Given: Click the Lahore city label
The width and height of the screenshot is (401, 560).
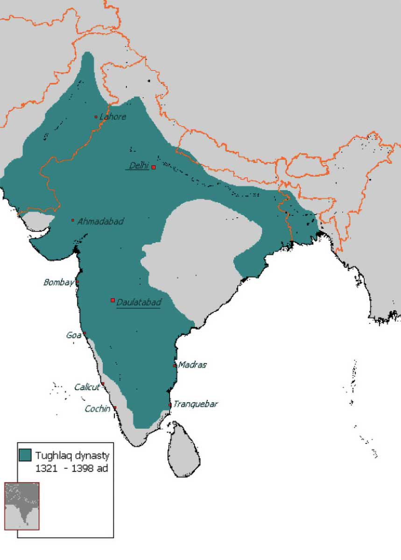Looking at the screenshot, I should pos(113,117).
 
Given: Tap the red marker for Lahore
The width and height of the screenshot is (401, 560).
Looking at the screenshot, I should pos(96,117).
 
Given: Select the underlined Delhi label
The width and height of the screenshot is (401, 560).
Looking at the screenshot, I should pos(139,165).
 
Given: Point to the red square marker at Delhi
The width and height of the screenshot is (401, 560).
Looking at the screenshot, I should pos(154,167).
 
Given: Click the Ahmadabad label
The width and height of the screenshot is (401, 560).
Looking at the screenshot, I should pos(100,221).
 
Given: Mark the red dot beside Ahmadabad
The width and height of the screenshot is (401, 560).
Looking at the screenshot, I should pos(73,220).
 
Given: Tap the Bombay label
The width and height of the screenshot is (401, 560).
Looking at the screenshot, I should pos(59,282).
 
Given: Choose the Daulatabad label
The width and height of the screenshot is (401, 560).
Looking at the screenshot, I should pos(139,302).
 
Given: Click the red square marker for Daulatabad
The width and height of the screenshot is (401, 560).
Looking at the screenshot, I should pos(113,300).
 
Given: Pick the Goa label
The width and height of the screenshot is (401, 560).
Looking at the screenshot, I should pos(74,335).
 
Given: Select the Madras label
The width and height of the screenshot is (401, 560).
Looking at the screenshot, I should pos(192,365).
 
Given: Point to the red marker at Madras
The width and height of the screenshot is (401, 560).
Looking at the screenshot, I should pos(175,365).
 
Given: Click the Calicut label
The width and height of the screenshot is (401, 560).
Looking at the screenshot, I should pos(87,387).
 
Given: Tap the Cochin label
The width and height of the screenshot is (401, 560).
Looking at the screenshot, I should pos(98,409).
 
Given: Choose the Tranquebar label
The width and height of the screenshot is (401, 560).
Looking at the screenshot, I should pos(196,404).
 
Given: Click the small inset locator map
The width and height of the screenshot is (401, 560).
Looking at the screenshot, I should pos(22,506).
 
